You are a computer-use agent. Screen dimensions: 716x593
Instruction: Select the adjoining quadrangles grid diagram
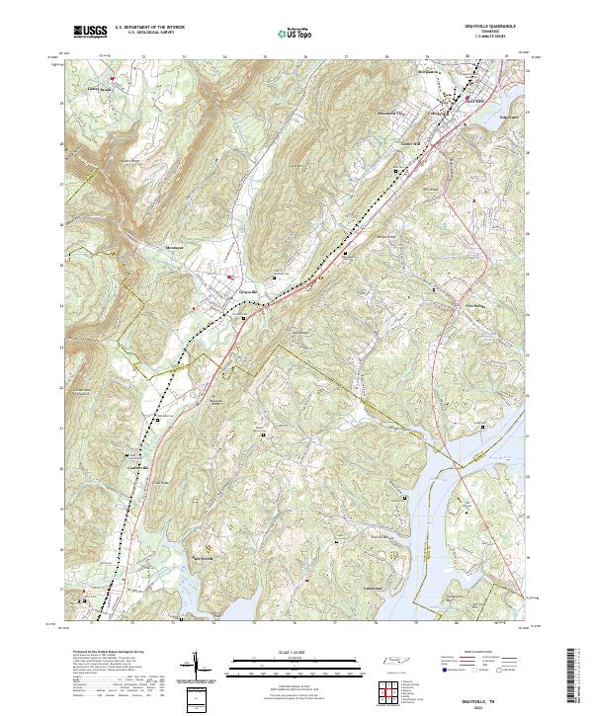point(389,688)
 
